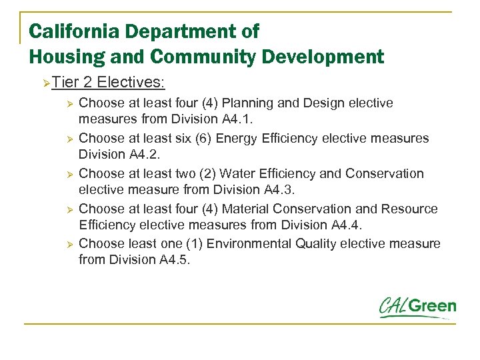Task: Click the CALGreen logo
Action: (x=418, y=307)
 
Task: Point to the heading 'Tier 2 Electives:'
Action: (x=108, y=83)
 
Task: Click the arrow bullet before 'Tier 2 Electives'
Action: (x=45, y=83)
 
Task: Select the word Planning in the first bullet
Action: (x=247, y=103)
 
